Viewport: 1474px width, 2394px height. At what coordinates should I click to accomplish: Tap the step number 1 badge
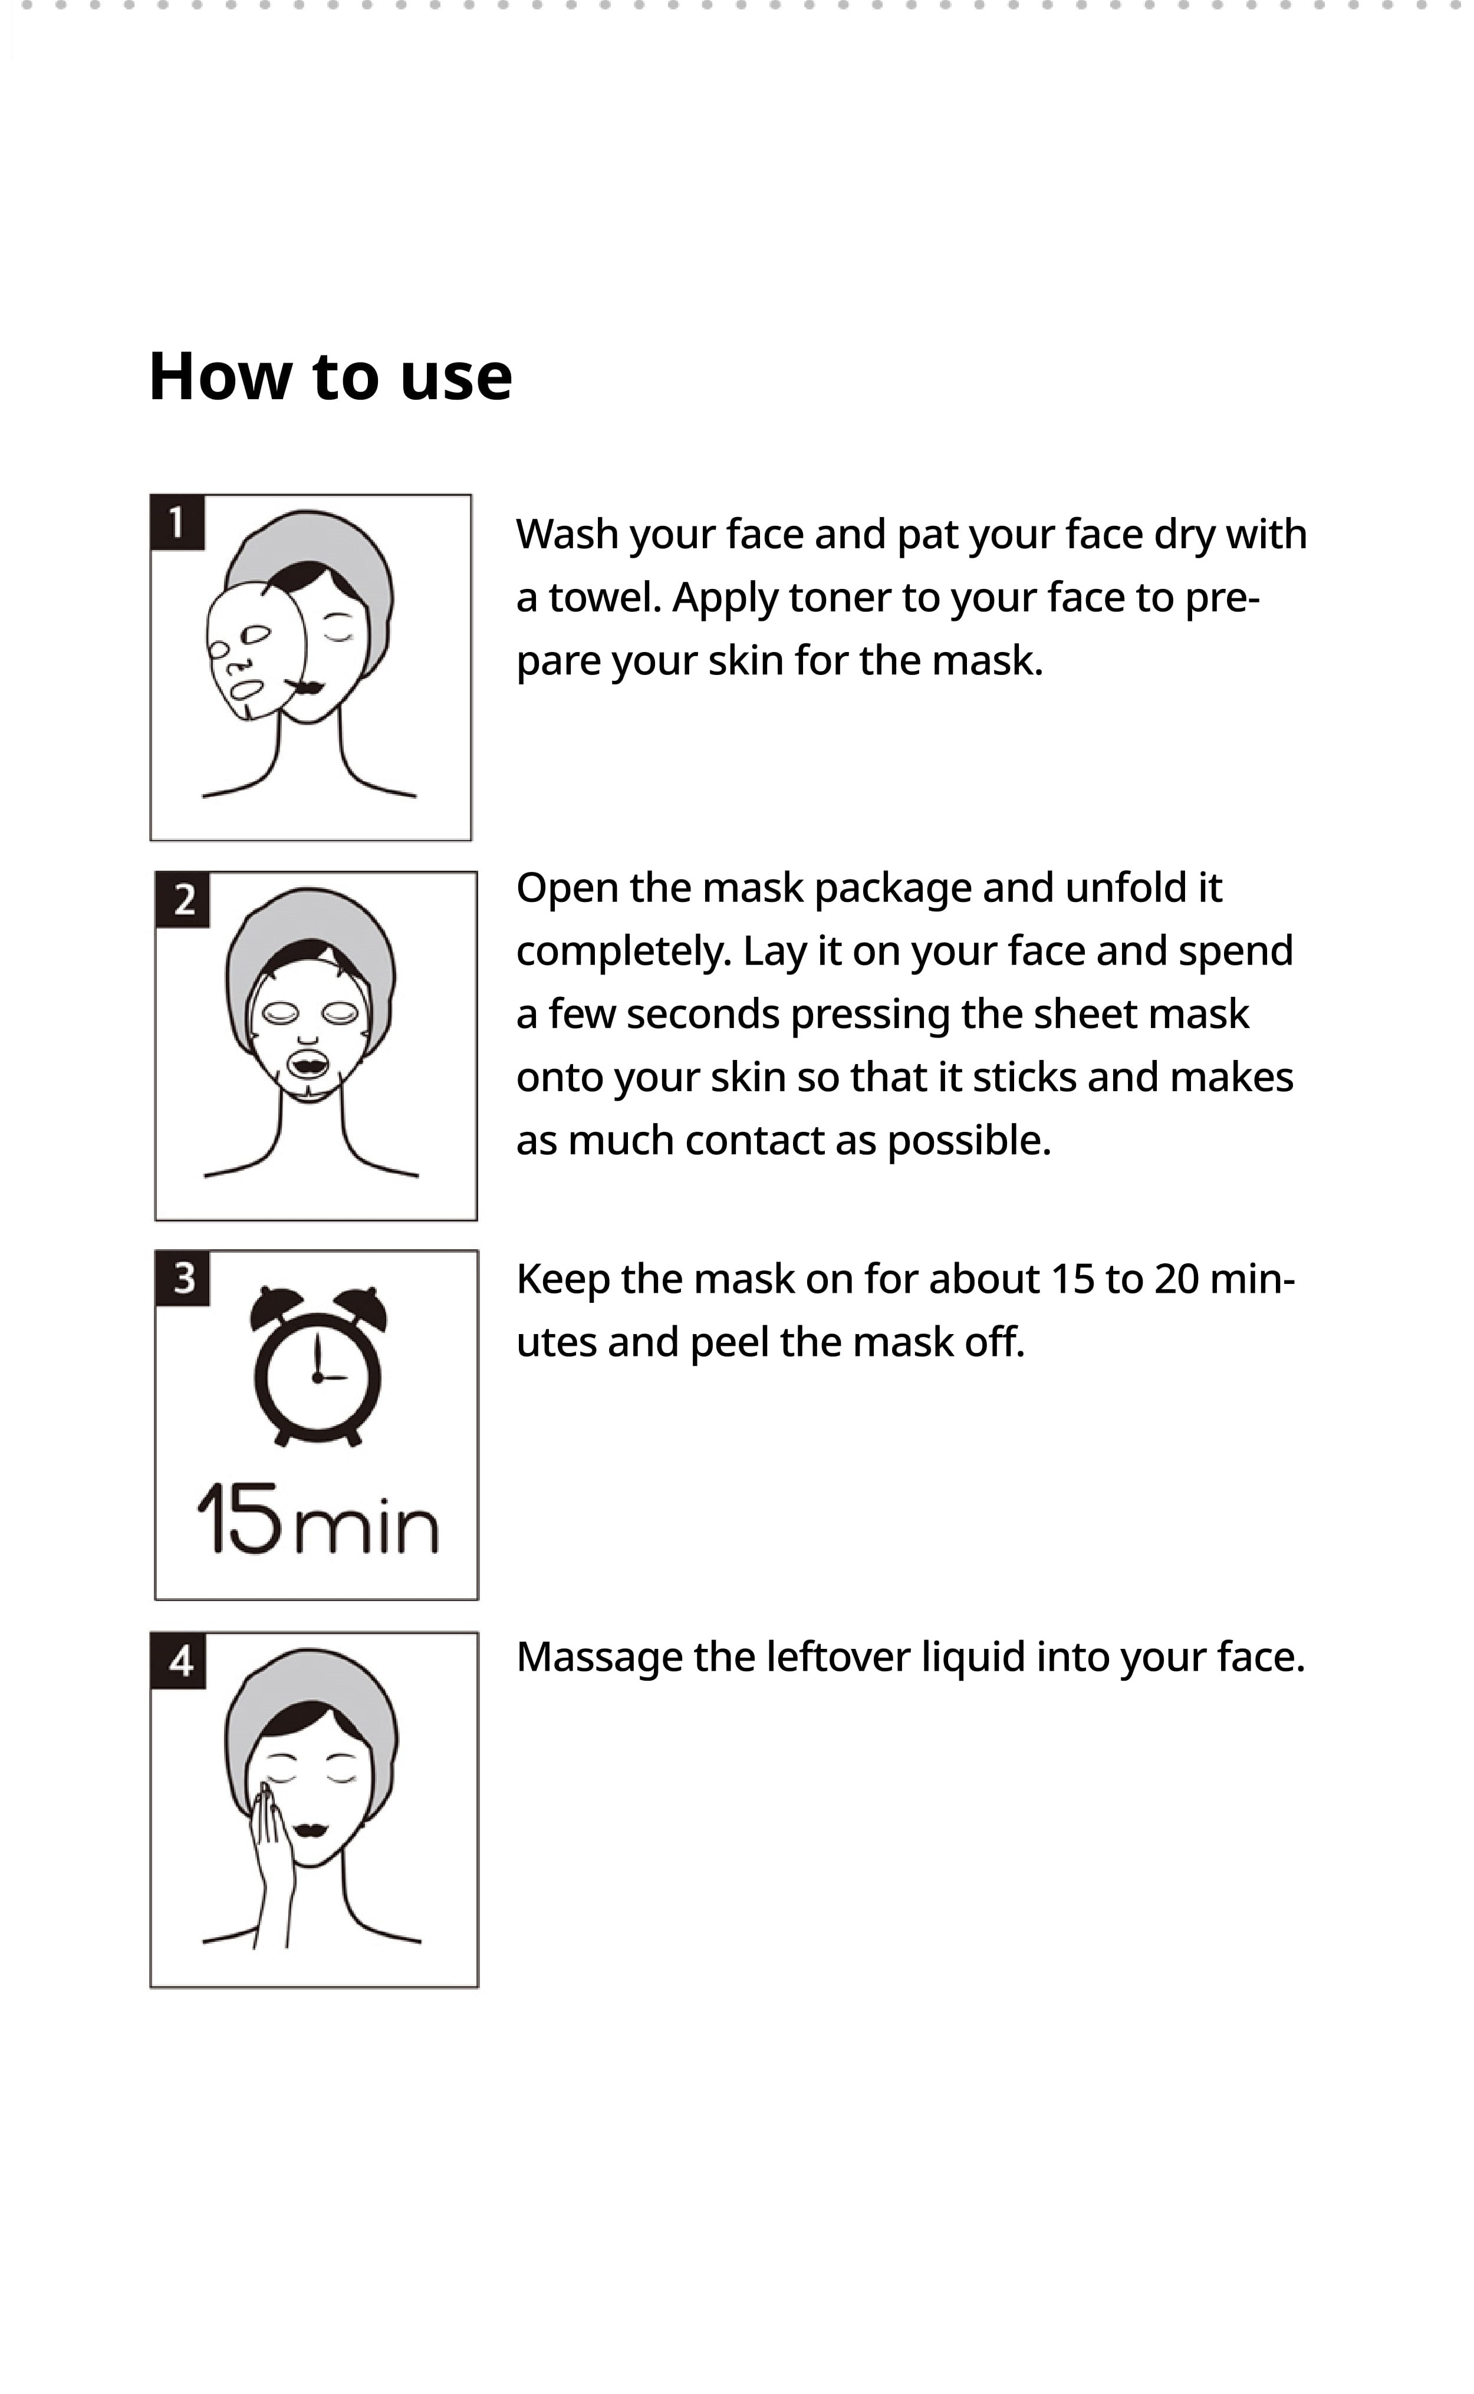pos(177,522)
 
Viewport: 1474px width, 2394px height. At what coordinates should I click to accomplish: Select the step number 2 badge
pos(183,900)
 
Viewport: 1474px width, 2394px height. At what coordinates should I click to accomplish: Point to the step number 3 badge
pos(183,1278)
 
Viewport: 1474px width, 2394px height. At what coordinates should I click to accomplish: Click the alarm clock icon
pos(318,1366)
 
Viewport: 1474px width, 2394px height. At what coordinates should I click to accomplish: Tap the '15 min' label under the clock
pos(318,1520)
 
